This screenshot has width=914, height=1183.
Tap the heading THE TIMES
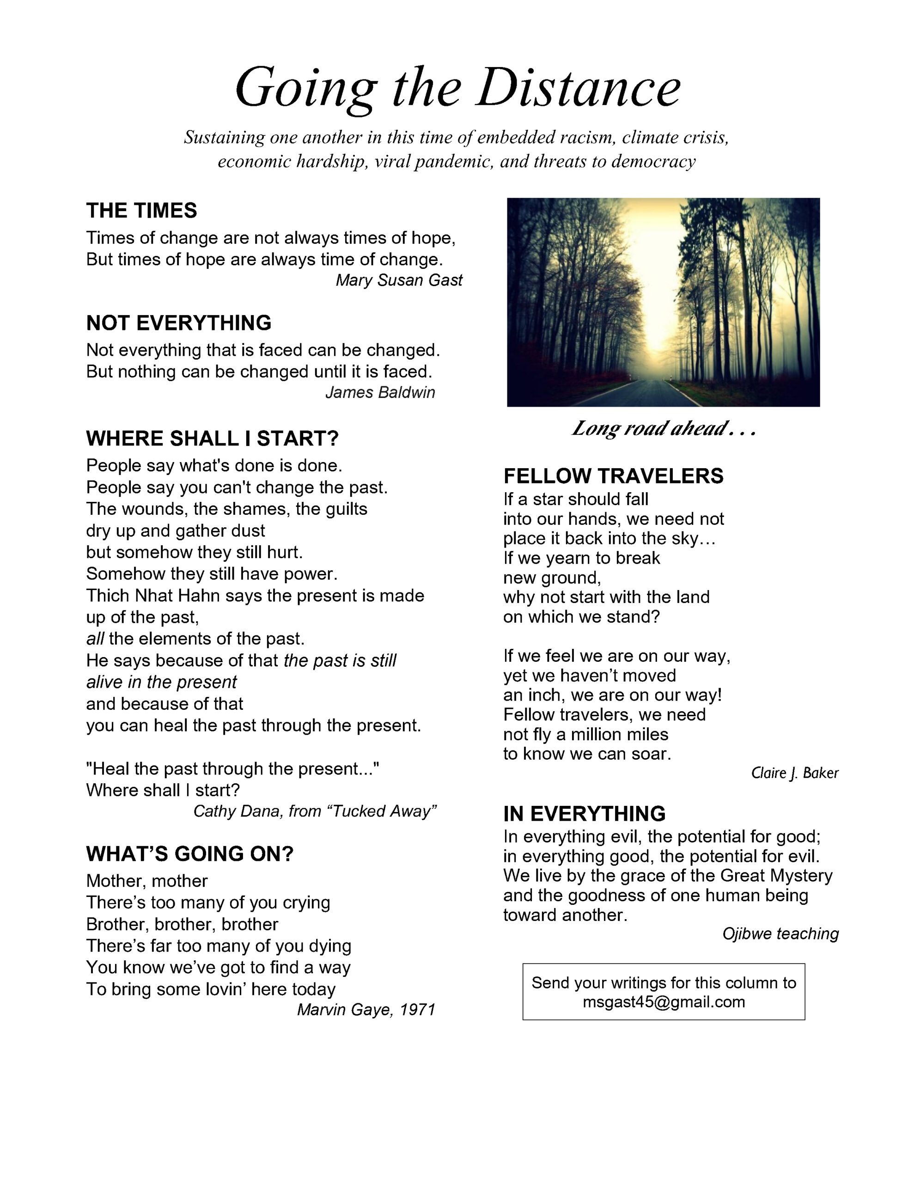coord(141,211)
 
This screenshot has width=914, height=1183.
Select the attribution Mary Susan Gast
coord(399,280)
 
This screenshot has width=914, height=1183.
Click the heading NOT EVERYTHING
coord(179,323)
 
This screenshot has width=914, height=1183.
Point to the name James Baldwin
coord(380,392)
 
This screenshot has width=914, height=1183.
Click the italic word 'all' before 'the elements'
coord(95,639)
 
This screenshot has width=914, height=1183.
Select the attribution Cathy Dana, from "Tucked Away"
coord(315,811)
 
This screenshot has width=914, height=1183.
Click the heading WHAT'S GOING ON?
coord(189,854)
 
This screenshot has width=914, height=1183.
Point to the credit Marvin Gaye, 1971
coord(366,1010)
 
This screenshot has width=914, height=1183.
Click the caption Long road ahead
coord(663,428)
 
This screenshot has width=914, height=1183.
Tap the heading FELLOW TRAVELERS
coord(613,476)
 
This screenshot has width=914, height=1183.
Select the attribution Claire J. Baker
coord(794,773)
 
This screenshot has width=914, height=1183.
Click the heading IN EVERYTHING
coord(584,814)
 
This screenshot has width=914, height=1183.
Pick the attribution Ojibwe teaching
coord(780,933)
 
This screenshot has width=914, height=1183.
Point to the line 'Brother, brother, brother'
coord(182,924)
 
